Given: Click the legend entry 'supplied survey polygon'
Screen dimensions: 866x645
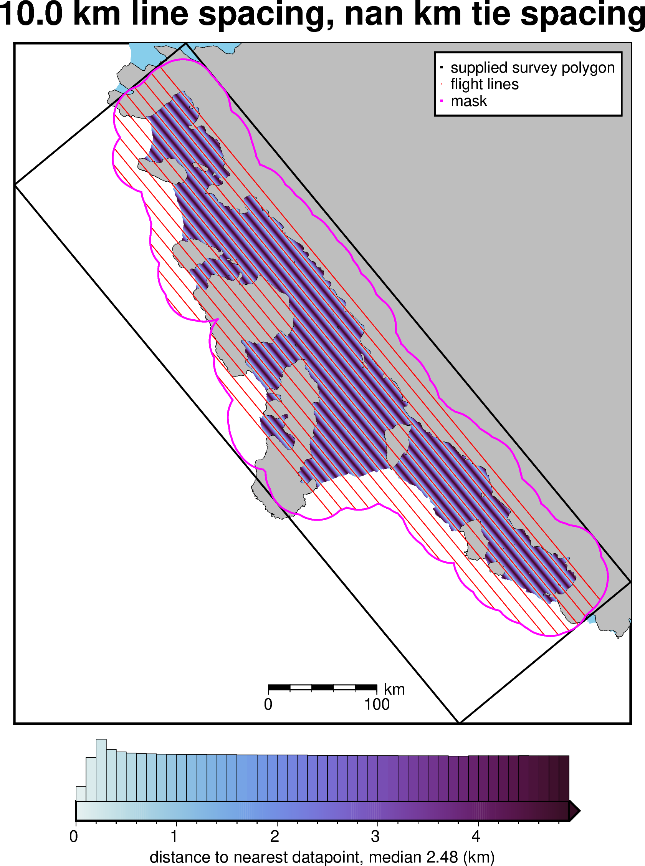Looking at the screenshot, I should (532, 68).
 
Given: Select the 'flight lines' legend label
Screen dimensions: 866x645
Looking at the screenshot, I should (484, 85).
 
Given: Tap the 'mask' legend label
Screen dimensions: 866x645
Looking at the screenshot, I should (468, 101).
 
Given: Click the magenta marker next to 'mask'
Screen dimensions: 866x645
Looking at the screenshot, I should (442, 101).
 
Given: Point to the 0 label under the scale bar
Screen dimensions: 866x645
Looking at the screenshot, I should (268, 704).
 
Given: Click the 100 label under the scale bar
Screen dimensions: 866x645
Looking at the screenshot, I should (377, 704).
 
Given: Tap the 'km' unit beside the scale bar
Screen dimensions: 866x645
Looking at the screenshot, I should (394, 689).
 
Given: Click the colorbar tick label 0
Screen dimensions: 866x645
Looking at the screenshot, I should (73, 836).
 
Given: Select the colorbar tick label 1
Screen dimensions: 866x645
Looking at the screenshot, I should (174, 836).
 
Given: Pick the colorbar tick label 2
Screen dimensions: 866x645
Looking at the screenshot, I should (275, 836).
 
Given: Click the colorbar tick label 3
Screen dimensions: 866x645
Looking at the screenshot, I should (375, 836).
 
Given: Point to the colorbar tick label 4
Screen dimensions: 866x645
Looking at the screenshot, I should (476, 836).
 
